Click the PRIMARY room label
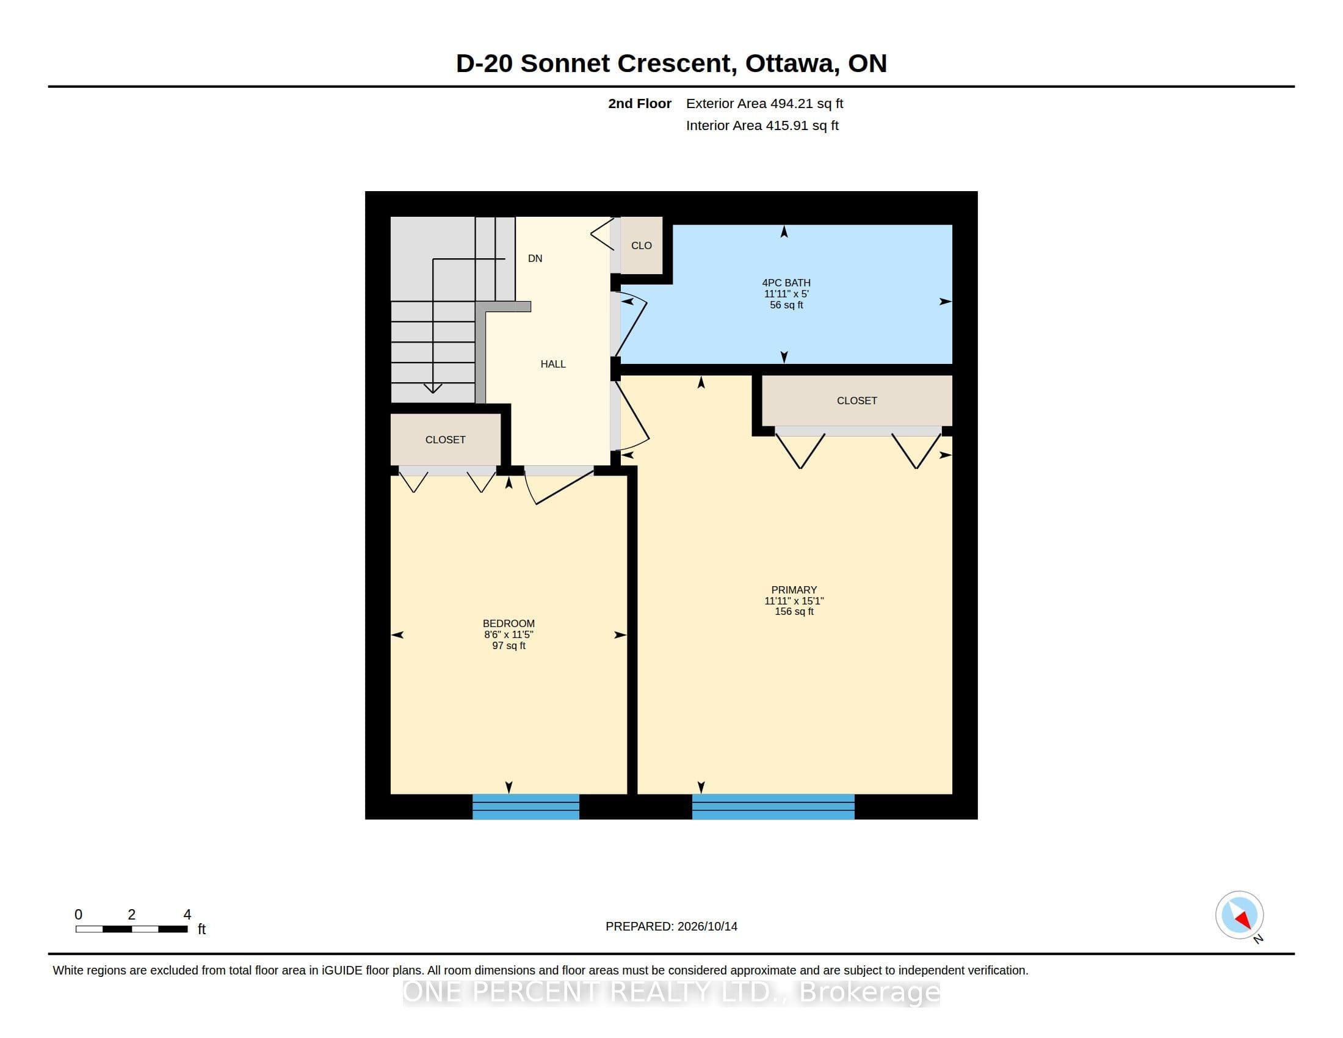[x=794, y=590]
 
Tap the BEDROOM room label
[x=509, y=623]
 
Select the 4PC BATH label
[x=786, y=283]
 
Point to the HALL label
[x=553, y=364]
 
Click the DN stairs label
[x=535, y=258]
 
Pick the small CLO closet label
[x=642, y=245]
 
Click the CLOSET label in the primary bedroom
[x=856, y=401]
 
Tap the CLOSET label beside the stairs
[x=445, y=440]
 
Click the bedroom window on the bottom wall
[x=526, y=807]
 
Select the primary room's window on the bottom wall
[x=773, y=807]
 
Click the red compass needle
[x=1243, y=920]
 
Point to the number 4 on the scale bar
[x=187, y=915]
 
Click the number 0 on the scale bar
[x=78, y=915]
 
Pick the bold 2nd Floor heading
[x=640, y=103]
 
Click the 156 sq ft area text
[x=794, y=612]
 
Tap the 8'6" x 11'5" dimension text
[x=509, y=634]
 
